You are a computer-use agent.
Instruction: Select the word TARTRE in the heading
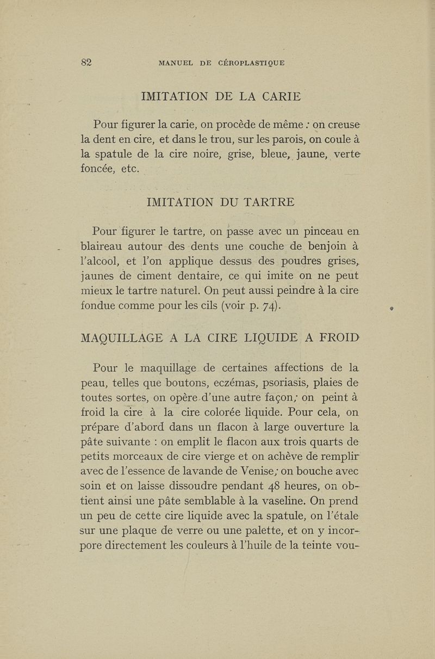click(x=266, y=202)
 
